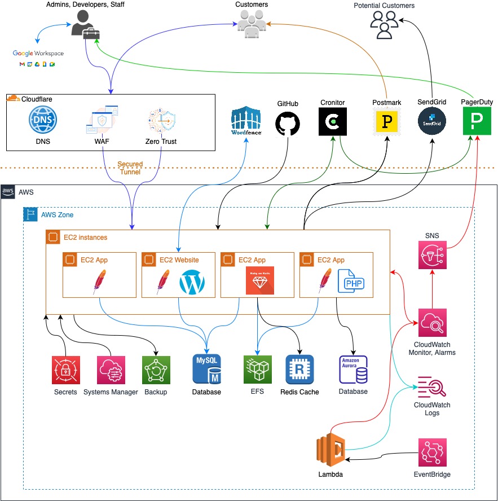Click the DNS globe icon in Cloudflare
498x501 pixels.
pos(43,120)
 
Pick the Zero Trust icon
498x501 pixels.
pos(161,120)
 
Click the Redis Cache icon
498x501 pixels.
pos(299,370)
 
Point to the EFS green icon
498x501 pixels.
pos(257,370)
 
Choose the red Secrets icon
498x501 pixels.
pos(65,370)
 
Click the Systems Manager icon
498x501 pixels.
pos(111,370)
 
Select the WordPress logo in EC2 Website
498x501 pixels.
pos(193,283)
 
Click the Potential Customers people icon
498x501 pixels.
pos(384,25)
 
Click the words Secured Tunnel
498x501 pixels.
pos(130,168)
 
